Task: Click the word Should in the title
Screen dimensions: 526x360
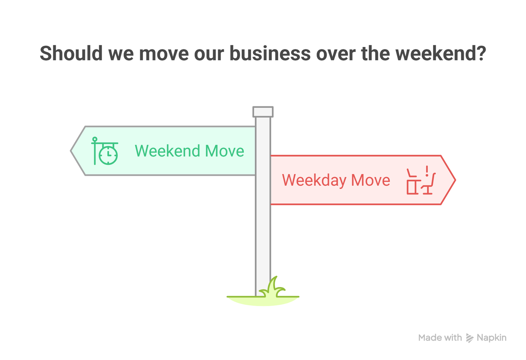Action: tap(71, 53)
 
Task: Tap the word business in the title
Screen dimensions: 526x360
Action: tap(270, 53)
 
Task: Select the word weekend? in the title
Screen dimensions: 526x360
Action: tap(441, 53)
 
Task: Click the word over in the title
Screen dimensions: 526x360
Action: tap(336, 53)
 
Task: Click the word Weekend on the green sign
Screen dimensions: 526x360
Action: tap(167, 151)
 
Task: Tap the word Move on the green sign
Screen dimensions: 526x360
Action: tap(225, 151)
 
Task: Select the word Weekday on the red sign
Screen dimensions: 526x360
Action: tap(314, 180)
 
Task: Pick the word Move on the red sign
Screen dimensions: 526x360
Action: tap(371, 180)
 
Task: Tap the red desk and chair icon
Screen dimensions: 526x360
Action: tap(421, 181)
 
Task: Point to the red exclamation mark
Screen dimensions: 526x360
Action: tap(427, 171)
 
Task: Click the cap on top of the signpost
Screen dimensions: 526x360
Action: tap(263, 112)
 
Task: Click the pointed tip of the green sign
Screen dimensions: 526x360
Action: tap(71, 151)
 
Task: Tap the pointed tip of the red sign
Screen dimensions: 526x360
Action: tap(455, 180)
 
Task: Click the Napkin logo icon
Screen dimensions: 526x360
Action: tap(469, 338)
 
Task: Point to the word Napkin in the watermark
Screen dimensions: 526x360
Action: tap(491, 338)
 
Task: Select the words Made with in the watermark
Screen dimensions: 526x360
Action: tap(440, 338)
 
